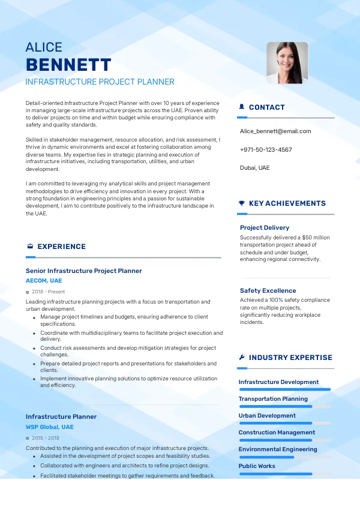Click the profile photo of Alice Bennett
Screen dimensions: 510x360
click(x=287, y=62)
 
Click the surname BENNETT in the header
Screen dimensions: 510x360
click(x=68, y=65)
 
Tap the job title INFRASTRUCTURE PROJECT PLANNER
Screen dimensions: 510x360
click(x=100, y=82)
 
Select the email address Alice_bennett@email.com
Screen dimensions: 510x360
click(x=275, y=131)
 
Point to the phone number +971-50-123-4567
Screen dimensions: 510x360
click(x=266, y=149)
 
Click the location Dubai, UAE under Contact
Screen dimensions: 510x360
click(x=255, y=167)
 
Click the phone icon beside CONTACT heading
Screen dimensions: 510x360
click(x=241, y=107)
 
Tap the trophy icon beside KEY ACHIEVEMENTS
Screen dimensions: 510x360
click(x=241, y=203)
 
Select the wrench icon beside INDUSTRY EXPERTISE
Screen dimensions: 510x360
click(x=241, y=358)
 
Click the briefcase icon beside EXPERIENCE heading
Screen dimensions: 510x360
click(x=30, y=247)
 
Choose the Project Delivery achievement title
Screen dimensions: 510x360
click(x=265, y=227)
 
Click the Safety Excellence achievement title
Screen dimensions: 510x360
click(x=268, y=290)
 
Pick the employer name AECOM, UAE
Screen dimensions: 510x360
click(x=44, y=280)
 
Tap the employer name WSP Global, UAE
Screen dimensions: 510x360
click(x=50, y=427)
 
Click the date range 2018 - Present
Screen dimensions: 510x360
click(x=48, y=292)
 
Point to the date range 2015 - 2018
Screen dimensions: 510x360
click(x=46, y=438)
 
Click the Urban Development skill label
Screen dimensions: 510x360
click(x=267, y=415)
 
